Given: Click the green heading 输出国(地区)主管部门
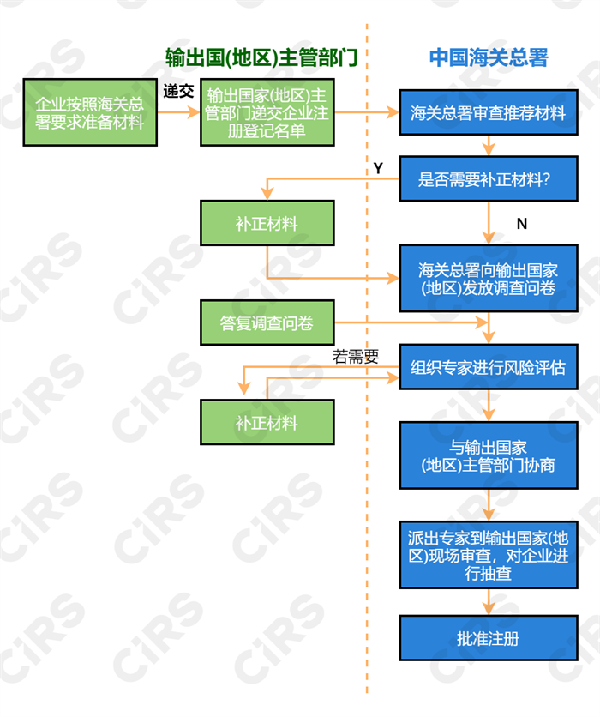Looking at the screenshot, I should tap(261, 58).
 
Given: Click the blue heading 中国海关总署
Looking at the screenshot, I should tap(488, 58).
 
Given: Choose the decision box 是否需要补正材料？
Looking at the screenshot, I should tap(488, 179).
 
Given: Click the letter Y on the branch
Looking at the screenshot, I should tap(378, 169).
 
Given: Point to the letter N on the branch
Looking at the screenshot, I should tap(521, 224).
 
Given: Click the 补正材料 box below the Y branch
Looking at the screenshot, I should tap(267, 224).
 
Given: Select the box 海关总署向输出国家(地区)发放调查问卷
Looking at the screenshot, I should tap(488, 279).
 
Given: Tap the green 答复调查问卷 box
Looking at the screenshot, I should tap(267, 323).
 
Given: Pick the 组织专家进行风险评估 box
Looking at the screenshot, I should tap(488, 368).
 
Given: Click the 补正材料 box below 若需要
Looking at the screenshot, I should tap(267, 423).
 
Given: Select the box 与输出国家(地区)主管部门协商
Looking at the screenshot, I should tap(488, 456).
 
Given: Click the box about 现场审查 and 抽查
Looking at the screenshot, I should tap(488, 555).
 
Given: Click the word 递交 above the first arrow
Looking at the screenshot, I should tap(178, 92).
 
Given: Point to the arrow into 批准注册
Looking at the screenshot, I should tap(489, 602).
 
